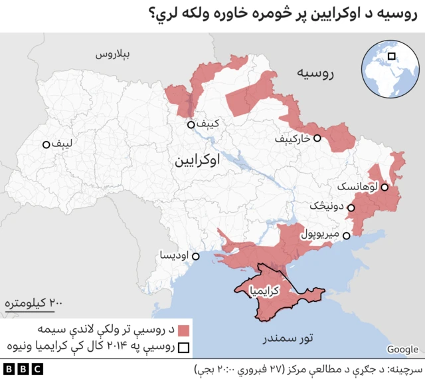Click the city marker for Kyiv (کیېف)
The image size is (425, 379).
[191, 124]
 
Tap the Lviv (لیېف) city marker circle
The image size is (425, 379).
[46, 144]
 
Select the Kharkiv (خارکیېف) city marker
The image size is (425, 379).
[317, 138]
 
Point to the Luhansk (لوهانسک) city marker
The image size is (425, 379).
[384, 188]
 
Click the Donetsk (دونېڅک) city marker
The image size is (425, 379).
[351, 208]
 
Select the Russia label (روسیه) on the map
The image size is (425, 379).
[314, 73]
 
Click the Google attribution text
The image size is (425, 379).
[402, 349]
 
